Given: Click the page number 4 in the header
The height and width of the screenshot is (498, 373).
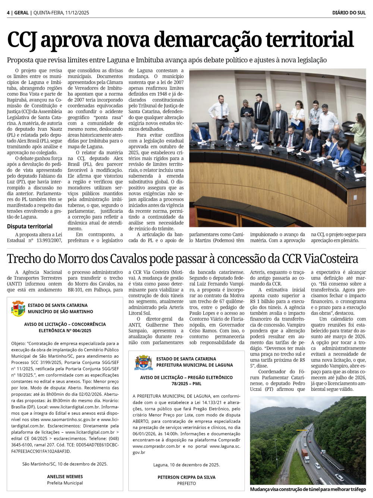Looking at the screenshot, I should (8, 13).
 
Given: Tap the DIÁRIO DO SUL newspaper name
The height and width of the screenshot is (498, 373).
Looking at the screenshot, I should (349, 13).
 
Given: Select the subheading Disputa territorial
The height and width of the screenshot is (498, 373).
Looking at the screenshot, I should (30, 226).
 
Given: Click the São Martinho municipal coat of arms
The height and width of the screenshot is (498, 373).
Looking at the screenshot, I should (18, 309).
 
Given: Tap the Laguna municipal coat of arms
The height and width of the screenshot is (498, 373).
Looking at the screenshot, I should (144, 362).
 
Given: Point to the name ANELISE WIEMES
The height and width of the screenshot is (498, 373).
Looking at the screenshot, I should (65, 477).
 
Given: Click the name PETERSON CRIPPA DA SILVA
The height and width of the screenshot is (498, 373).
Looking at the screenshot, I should (186, 477).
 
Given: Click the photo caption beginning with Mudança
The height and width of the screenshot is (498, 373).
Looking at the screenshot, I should (308, 489).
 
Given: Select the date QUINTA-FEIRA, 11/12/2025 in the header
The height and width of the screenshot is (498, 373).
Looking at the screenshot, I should (61, 13).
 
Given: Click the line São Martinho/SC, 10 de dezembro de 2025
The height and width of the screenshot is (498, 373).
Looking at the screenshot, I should (65, 464).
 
